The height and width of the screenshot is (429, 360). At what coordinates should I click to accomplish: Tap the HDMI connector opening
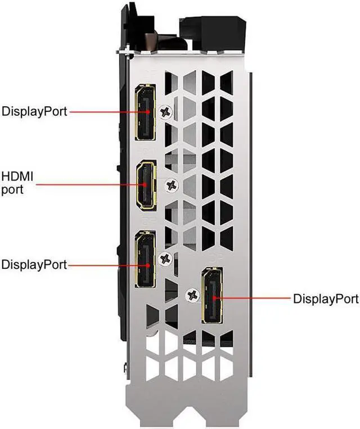(x=146, y=184)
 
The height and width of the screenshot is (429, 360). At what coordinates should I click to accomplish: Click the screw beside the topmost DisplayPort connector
(x=165, y=112)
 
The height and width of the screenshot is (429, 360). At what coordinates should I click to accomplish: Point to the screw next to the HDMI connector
(x=172, y=184)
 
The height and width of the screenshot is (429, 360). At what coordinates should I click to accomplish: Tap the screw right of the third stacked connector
(x=165, y=259)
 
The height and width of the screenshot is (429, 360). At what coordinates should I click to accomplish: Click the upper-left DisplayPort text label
(x=34, y=111)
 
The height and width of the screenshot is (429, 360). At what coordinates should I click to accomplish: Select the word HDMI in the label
(x=18, y=177)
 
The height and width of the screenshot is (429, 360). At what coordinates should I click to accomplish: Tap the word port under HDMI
(x=12, y=190)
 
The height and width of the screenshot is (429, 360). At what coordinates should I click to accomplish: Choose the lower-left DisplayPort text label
(x=34, y=264)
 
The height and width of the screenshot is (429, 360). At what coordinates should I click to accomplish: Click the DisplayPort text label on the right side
(x=326, y=299)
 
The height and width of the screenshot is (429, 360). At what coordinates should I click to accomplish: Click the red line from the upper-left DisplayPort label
(x=107, y=111)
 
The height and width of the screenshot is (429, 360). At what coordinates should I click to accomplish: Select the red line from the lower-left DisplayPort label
(x=107, y=264)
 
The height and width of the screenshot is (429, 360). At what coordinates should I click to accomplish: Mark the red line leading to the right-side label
(x=253, y=298)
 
